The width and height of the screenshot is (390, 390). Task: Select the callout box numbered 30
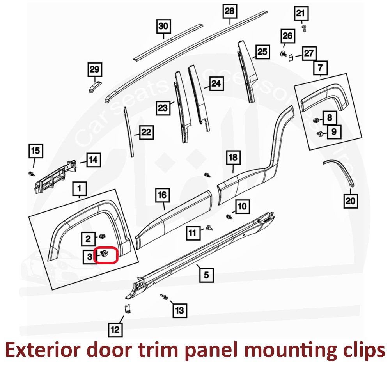pos(163,27)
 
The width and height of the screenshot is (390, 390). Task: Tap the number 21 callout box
pos(300,14)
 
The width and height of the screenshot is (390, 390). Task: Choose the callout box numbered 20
pos(351,201)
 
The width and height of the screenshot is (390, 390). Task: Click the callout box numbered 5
pos(206,275)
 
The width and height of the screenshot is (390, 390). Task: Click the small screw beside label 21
pos(304,28)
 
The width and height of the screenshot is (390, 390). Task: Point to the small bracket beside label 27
pos(291,58)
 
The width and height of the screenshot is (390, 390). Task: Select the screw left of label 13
pos(164,298)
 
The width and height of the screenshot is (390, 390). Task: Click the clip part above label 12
pos(127,308)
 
